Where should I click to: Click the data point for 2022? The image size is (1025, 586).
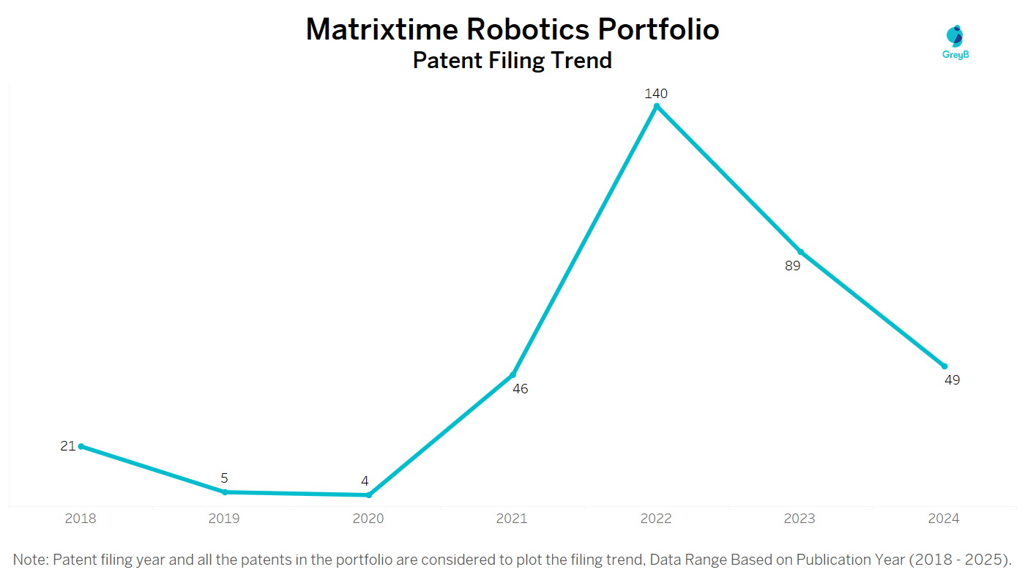(657, 106)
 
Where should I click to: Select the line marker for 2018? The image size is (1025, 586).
(81, 446)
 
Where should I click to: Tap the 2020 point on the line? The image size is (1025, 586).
(369, 495)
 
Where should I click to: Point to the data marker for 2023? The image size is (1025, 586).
(800, 251)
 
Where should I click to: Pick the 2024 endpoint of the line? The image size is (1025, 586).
(944, 366)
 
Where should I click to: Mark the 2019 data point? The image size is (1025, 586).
(225, 492)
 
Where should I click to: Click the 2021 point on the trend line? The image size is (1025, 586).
(512, 375)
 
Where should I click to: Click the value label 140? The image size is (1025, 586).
(656, 94)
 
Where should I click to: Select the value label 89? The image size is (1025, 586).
(793, 266)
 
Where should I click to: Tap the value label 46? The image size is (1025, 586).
(520, 389)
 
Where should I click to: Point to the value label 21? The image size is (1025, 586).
(68, 445)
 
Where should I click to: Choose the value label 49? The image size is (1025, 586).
(952, 380)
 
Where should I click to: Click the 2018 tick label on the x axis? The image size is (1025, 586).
(81, 519)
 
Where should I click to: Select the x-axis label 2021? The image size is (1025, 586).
(512, 519)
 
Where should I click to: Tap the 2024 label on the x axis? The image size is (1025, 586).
(943, 519)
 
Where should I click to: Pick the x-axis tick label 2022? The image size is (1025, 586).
(656, 519)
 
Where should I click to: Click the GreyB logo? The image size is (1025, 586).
(955, 42)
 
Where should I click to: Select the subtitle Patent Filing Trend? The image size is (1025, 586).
(512, 59)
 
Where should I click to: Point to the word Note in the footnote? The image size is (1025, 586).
(29, 560)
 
